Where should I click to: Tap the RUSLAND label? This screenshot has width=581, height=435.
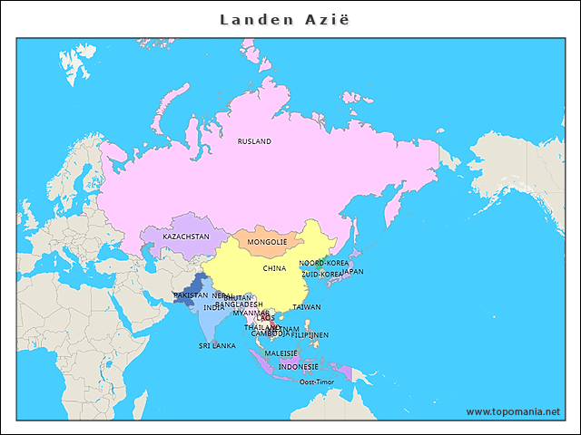[254, 141]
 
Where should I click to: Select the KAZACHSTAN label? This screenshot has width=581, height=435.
[186, 237]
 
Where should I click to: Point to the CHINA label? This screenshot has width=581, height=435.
[274, 268]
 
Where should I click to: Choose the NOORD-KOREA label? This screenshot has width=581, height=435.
[323, 263]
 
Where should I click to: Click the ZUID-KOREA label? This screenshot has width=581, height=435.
[322, 273]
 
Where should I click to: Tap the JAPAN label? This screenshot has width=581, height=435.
[353, 271]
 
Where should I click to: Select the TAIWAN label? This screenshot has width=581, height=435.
[306, 307]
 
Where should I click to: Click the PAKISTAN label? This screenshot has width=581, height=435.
[190, 295]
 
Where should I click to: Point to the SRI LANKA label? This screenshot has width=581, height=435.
[217, 345]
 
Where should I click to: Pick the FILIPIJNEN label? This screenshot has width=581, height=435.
[310, 334]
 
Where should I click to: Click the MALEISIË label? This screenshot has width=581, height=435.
[281, 353]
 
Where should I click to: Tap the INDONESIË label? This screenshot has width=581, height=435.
[298, 367]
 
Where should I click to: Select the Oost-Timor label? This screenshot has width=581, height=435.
[317, 382]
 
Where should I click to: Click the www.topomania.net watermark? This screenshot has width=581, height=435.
[513, 411]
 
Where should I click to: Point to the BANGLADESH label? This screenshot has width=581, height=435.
[239, 304]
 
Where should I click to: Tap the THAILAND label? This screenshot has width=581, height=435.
[261, 327]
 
